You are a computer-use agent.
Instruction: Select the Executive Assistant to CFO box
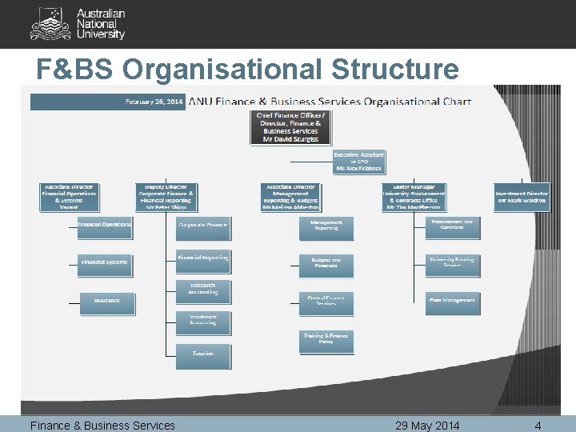[x=358, y=162]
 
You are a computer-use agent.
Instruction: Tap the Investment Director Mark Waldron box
[x=521, y=197]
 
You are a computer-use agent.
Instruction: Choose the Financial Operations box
[x=106, y=226]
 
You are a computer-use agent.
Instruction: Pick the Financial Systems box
[x=106, y=262]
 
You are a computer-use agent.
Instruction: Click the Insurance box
[x=106, y=301]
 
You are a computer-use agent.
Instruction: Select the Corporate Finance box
[x=203, y=226]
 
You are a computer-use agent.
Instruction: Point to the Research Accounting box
[x=203, y=291]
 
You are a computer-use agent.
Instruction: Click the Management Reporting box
[x=326, y=227]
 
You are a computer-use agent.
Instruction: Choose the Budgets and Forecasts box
[x=326, y=264]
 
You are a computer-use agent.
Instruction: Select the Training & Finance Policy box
[x=326, y=341]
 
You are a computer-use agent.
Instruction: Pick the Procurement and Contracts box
[x=452, y=226]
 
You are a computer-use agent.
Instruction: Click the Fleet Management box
[x=452, y=301]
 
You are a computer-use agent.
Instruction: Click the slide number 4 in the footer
[x=538, y=426]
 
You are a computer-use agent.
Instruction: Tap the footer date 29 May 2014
[x=427, y=426]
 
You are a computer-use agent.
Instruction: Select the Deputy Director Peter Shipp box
[x=165, y=197]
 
